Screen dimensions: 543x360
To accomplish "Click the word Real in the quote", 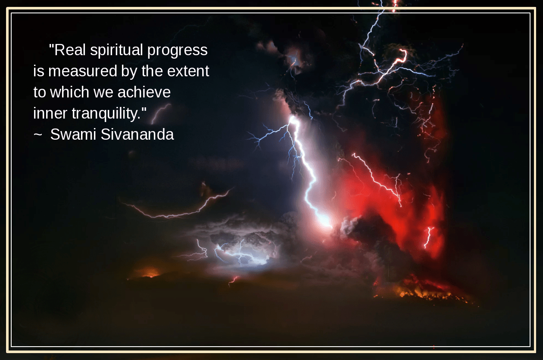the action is click(x=70, y=50).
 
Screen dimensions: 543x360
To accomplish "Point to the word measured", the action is click(x=83, y=71).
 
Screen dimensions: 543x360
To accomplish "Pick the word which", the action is click(x=69, y=92).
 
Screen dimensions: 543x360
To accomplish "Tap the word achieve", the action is click(x=144, y=92).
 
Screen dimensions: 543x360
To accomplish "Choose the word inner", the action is click(x=50, y=113).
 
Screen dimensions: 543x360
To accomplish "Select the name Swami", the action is click(x=73, y=135).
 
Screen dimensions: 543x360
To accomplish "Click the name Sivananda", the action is click(x=137, y=135).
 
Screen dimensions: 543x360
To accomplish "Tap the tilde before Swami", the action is click(x=38, y=135).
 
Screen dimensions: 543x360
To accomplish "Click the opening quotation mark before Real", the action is click(x=51, y=46).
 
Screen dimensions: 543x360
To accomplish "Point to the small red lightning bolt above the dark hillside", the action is click(x=234, y=280).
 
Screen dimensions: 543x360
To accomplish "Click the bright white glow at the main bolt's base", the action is click(x=325, y=220).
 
